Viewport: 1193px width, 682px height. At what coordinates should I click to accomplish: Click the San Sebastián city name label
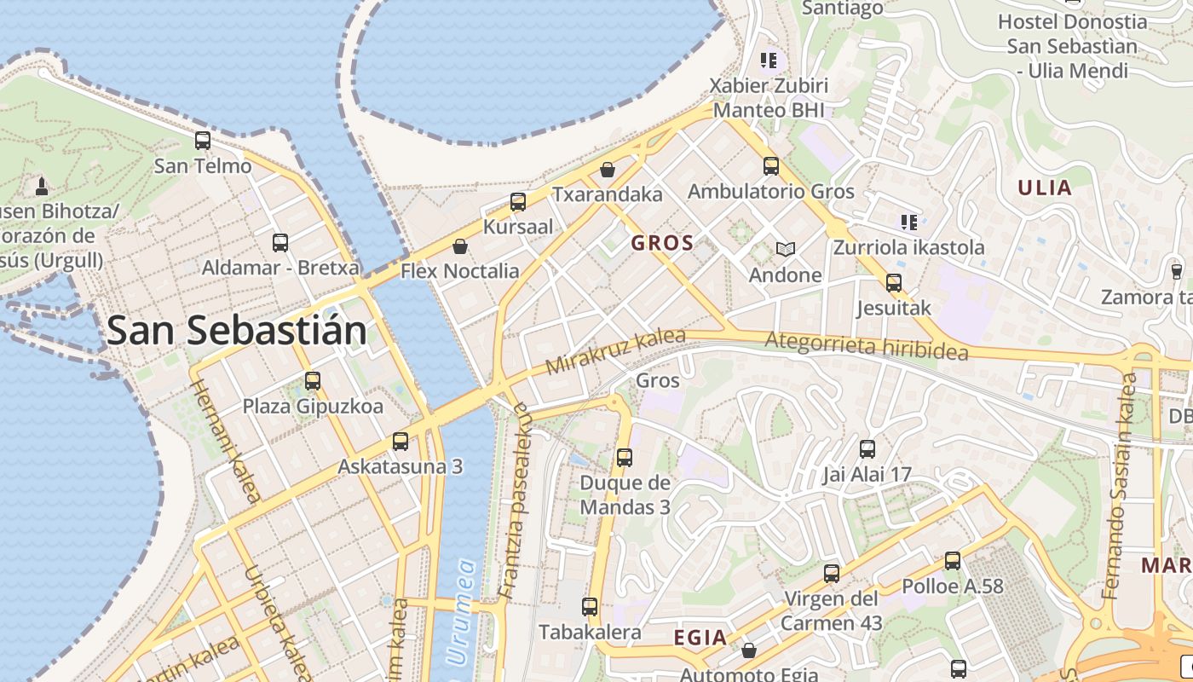237,330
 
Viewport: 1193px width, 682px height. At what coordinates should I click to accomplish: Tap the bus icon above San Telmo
203,141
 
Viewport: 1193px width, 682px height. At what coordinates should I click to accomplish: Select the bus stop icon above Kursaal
518,202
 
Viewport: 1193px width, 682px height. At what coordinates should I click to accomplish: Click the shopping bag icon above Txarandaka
608,170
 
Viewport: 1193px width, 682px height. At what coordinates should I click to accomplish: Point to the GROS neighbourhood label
662,243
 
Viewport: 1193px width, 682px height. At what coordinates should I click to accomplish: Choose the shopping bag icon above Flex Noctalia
460,246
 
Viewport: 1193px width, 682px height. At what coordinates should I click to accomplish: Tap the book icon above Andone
785,249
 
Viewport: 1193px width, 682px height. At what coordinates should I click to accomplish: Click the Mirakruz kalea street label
615,351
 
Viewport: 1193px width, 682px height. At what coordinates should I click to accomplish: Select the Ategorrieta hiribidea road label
867,345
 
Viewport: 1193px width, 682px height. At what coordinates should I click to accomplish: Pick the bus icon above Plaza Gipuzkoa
313,381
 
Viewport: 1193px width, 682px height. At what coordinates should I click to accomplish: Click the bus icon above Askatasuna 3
401,442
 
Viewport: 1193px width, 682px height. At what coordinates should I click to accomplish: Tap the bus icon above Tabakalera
590,607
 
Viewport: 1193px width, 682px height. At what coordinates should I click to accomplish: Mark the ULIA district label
1045,188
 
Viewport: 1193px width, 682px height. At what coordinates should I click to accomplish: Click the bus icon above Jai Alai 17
867,448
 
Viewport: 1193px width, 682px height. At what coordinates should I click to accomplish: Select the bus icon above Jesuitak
893,282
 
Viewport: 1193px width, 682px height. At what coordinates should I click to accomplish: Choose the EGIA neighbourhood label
700,638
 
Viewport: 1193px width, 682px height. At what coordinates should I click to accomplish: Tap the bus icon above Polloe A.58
953,561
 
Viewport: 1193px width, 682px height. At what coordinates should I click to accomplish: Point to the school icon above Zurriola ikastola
909,223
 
